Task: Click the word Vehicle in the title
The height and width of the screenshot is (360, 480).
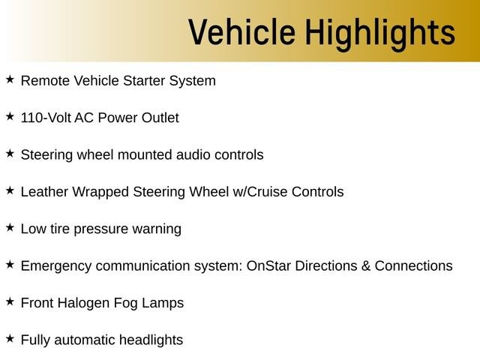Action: (x=241, y=31)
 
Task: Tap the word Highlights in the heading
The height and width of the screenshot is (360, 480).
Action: (x=380, y=34)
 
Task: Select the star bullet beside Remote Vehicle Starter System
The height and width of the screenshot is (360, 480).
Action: (x=10, y=79)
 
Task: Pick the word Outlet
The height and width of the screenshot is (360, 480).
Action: (x=160, y=118)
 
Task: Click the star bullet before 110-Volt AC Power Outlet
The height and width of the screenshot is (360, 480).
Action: (x=10, y=117)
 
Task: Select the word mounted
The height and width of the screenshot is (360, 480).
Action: (x=145, y=155)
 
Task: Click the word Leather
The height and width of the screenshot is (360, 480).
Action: (x=44, y=192)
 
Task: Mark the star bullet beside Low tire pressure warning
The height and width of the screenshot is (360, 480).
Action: (x=10, y=228)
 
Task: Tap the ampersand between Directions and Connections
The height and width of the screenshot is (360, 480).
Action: (x=366, y=266)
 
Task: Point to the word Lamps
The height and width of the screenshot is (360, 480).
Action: (x=163, y=304)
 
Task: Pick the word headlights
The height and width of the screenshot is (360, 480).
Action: (x=151, y=340)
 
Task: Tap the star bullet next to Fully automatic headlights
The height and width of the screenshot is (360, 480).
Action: (x=10, y=339)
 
